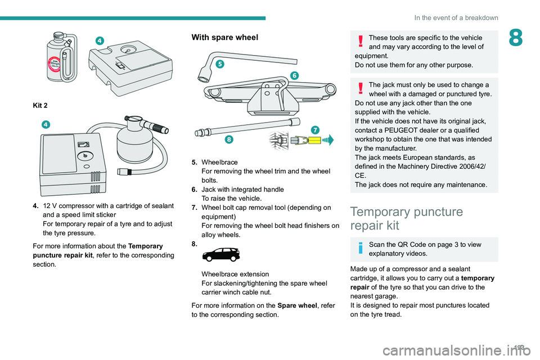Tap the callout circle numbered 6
pyautogui.click(x=294, y=75)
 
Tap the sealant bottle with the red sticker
pyautogui.click(x=57, y=57)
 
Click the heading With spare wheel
pyautogui.click(x=225, y=38)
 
